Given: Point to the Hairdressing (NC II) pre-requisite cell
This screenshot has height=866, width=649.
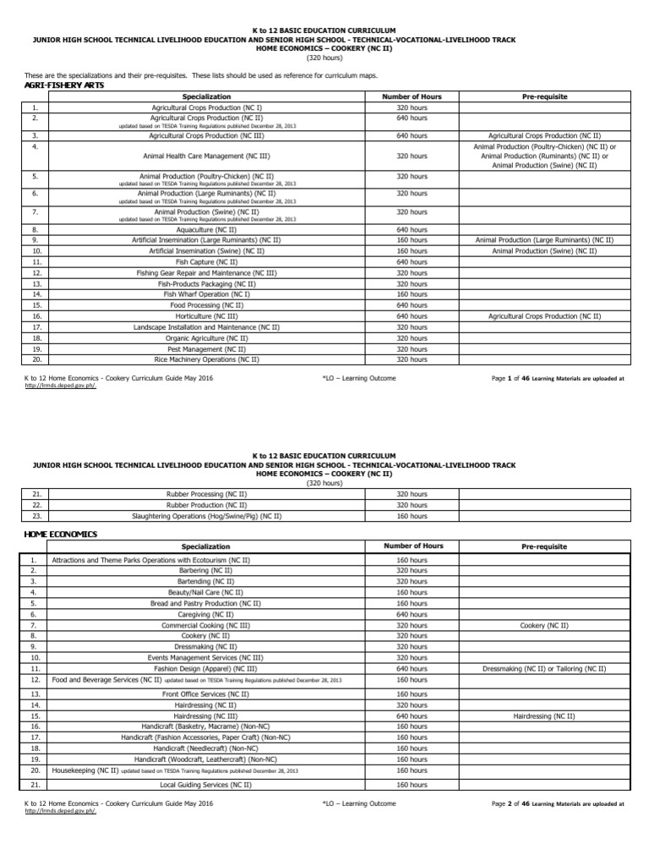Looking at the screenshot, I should [544, 715].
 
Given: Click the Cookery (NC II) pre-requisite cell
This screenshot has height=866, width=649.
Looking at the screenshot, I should [544, 625].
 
